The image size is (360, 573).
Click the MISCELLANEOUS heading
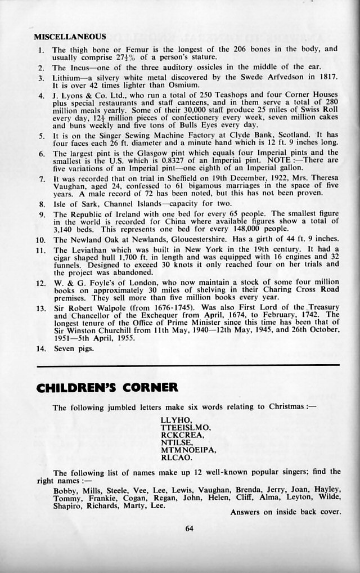coord(70,37)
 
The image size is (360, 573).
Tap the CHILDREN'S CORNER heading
coord(107,387)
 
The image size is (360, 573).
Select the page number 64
coord(189,527)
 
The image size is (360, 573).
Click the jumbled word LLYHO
coord(176,420)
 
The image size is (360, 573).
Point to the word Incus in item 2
coord(79,67)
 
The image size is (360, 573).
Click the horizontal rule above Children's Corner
coord(188,366)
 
